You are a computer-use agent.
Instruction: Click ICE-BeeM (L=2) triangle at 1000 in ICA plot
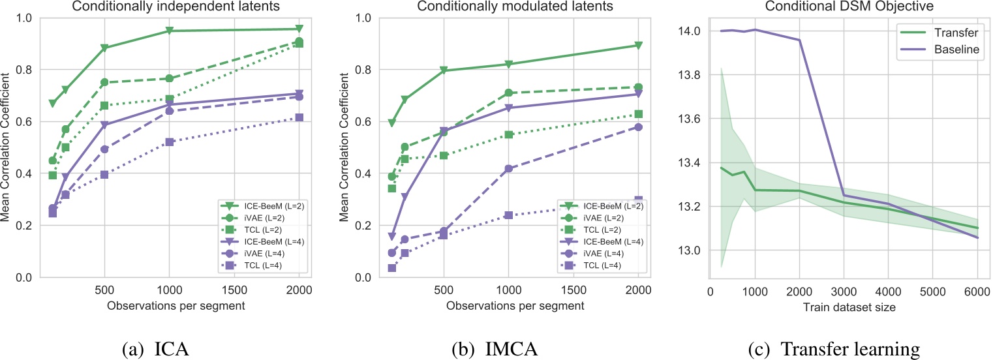click(x=170, y=31)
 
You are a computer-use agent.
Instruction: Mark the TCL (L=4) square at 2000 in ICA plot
click(x=299, y=117)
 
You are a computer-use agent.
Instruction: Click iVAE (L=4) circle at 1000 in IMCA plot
click(x=509, y=168)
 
